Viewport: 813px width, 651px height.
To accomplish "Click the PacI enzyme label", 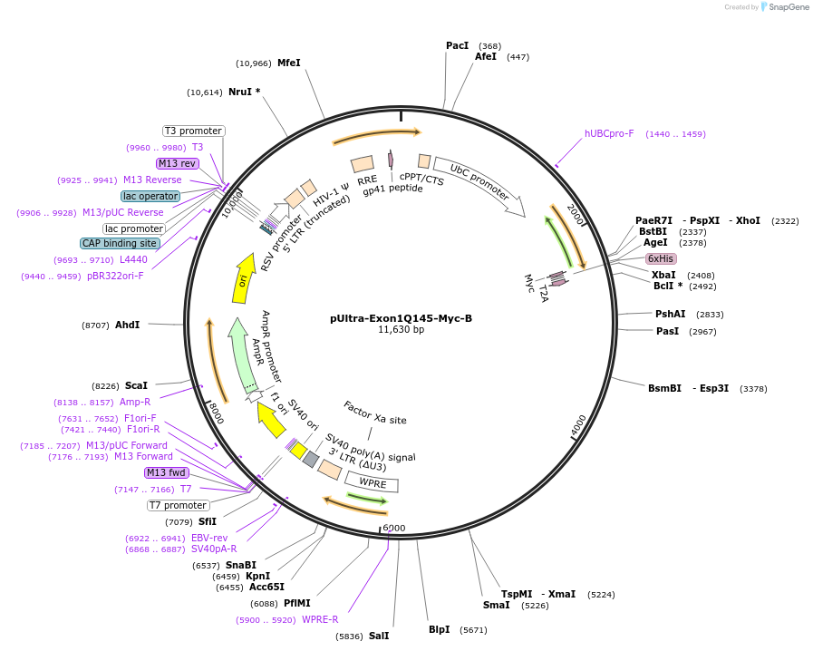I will tap(457, 45).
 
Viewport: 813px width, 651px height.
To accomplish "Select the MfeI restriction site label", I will tap(288, 63).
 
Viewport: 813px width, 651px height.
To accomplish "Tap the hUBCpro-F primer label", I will tap(609, 133).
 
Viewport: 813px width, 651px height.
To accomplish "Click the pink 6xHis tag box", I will tap(661, 258).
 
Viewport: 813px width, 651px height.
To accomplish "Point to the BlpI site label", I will tap(439, 629).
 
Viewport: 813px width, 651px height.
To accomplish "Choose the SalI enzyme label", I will tap(379, 636).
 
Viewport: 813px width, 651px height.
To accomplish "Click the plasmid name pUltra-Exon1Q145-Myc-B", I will tap(401, 318).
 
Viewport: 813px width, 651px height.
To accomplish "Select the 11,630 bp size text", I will tap(401, 330).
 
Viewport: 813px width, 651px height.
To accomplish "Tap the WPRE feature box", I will tap(373, 483).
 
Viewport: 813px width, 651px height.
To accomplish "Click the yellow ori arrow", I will tap(244, 281).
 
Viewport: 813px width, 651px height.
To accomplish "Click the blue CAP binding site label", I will tap(120, 243).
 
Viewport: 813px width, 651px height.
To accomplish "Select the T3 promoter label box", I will tap(193, 131).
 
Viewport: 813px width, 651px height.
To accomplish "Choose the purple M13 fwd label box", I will tap(166, 472).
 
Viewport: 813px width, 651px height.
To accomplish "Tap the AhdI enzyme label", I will tap(127, 325).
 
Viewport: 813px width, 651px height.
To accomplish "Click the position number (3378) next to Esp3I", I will tap(753, 388).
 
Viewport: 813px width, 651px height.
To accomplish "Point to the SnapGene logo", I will tap(785, 7).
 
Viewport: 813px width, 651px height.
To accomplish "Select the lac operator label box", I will tap(150, 196).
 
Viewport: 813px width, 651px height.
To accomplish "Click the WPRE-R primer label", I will tap(320, 620).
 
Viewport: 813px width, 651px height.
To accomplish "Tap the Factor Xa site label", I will tap(375, 413).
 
